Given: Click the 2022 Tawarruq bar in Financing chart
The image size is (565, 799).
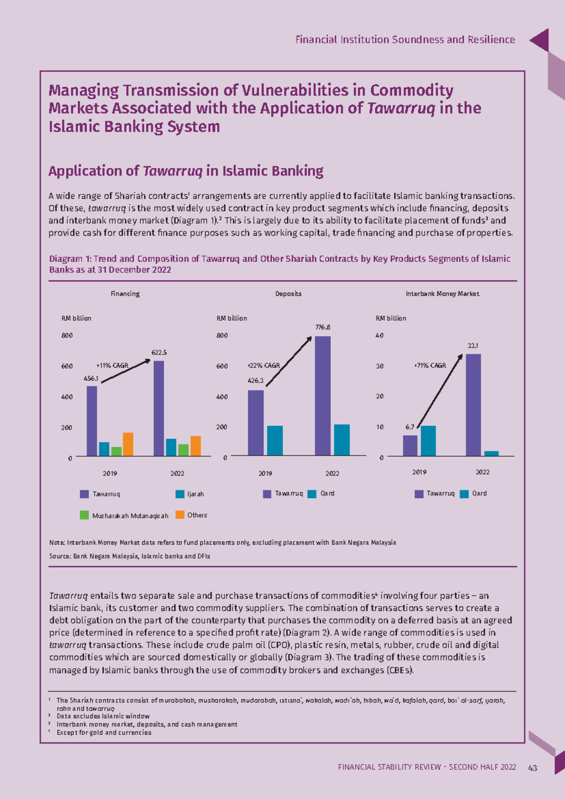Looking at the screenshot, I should pos(159,408).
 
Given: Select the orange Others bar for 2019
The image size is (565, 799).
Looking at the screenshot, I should pos(128,444).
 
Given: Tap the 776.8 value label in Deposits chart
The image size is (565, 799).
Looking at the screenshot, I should pos(323,327).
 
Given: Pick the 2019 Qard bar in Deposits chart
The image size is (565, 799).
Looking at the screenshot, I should pos(275,440).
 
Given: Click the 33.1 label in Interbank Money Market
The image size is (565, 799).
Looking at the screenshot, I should pos(473,346).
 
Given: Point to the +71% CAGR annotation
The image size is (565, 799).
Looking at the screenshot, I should pos(430,366).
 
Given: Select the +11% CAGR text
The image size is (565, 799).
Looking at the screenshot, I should pos(112,366).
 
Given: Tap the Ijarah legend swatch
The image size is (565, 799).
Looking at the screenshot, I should pos(180,494).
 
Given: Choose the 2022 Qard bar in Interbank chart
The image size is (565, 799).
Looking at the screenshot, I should pos(492,454).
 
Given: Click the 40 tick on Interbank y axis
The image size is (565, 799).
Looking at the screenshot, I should pos(379,335).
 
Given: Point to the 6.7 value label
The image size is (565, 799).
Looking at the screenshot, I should pos(410,427).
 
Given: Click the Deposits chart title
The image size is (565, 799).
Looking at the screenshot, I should pos(288,294).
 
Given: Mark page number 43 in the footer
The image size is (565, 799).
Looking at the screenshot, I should pos(533,768).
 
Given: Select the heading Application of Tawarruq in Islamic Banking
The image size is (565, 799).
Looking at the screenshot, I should pos(186,171).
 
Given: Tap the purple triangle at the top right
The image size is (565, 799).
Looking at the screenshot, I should pos(541,41).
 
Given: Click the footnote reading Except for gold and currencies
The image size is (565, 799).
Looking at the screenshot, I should pos(104,733).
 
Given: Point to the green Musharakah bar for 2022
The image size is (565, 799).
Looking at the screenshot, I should pos(183,450).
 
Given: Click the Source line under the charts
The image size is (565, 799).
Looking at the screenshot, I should pos(129,556).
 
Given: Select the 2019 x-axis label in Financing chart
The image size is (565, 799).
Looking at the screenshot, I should pos(110,473).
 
